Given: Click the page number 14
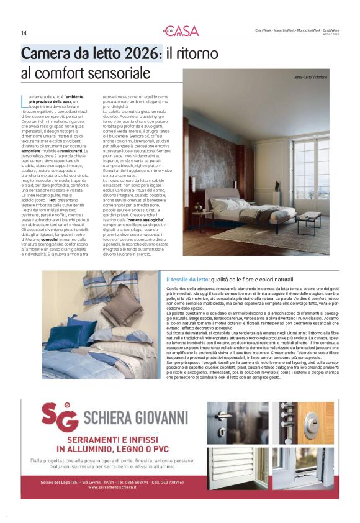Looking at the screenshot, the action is pyautogui.click(x=24, y=33).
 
